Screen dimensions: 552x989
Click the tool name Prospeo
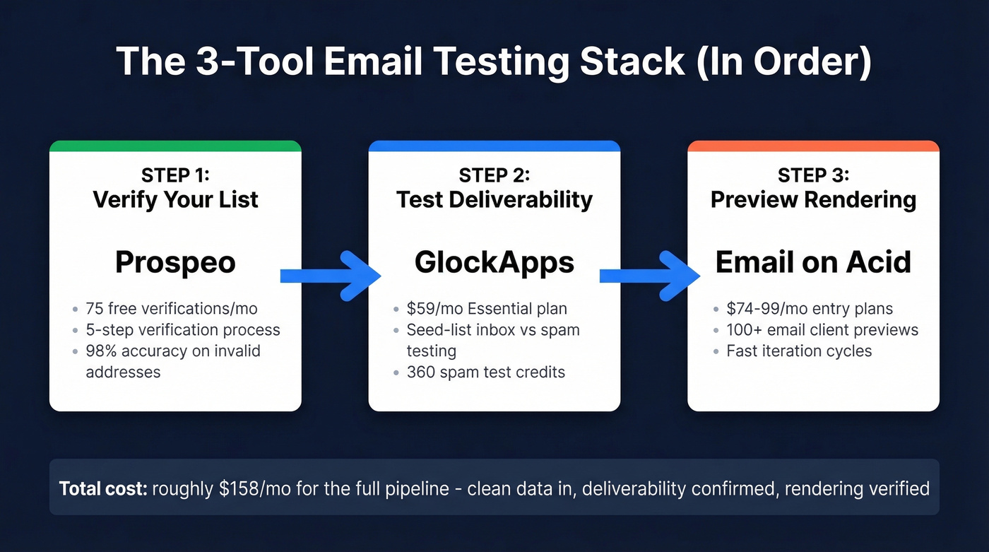coord(175,263)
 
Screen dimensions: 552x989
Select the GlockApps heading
coord(494,263)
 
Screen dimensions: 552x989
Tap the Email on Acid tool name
coord(813,263)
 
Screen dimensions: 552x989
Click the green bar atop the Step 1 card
coord(175,146)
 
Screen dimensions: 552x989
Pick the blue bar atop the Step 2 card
coord(494,146)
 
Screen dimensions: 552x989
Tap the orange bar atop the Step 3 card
coord(813,146)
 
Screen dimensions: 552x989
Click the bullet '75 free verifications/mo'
coord(171,309)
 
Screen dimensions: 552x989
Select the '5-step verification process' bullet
coord(182,330)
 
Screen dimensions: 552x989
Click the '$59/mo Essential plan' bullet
coord(487,309)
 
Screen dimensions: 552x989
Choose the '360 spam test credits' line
coord(485,372)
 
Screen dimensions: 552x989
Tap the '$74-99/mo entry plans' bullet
coord(810,309)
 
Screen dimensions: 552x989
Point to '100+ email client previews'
coord(822,330)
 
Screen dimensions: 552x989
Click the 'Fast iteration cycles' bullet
coord(799,351)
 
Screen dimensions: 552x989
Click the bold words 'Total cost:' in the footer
coord(102,488)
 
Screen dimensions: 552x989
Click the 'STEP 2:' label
coord(494,175)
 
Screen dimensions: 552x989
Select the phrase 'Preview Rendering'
coord(813,200)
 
